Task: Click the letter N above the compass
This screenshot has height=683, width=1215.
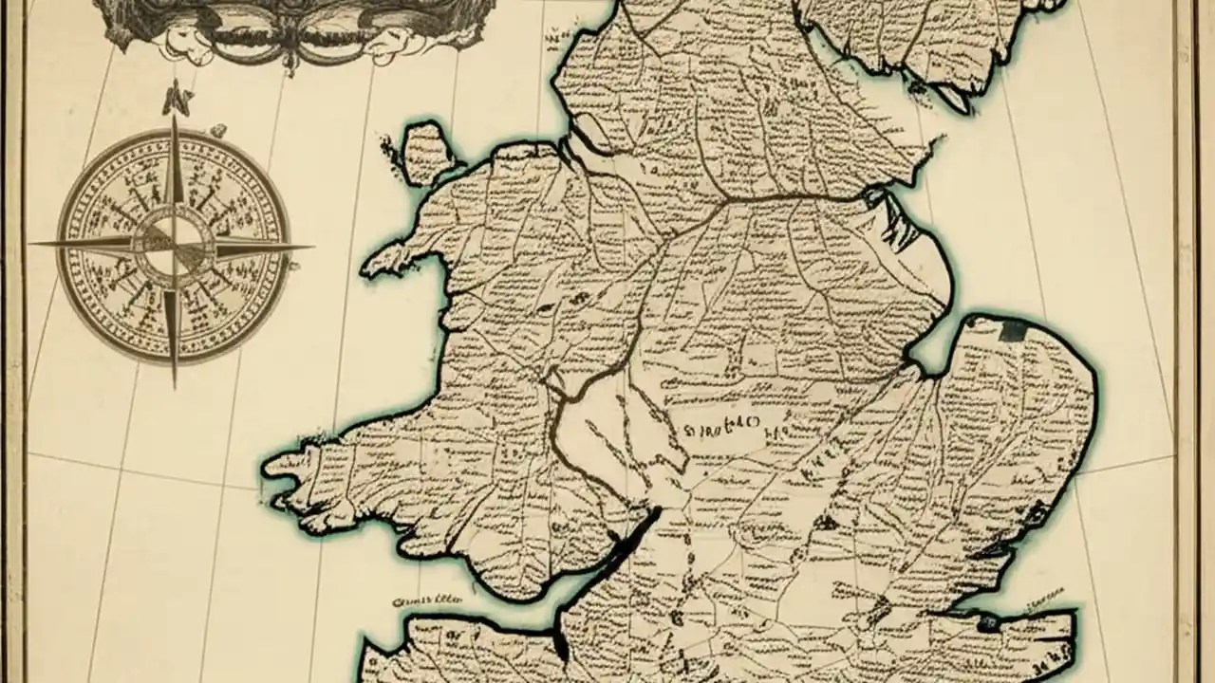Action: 173,97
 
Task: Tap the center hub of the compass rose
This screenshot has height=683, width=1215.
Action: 172,245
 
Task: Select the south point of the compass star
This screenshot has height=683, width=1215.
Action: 174,384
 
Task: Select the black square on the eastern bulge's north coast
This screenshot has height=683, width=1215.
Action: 1014,329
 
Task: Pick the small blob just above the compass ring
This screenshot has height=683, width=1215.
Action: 217,129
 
